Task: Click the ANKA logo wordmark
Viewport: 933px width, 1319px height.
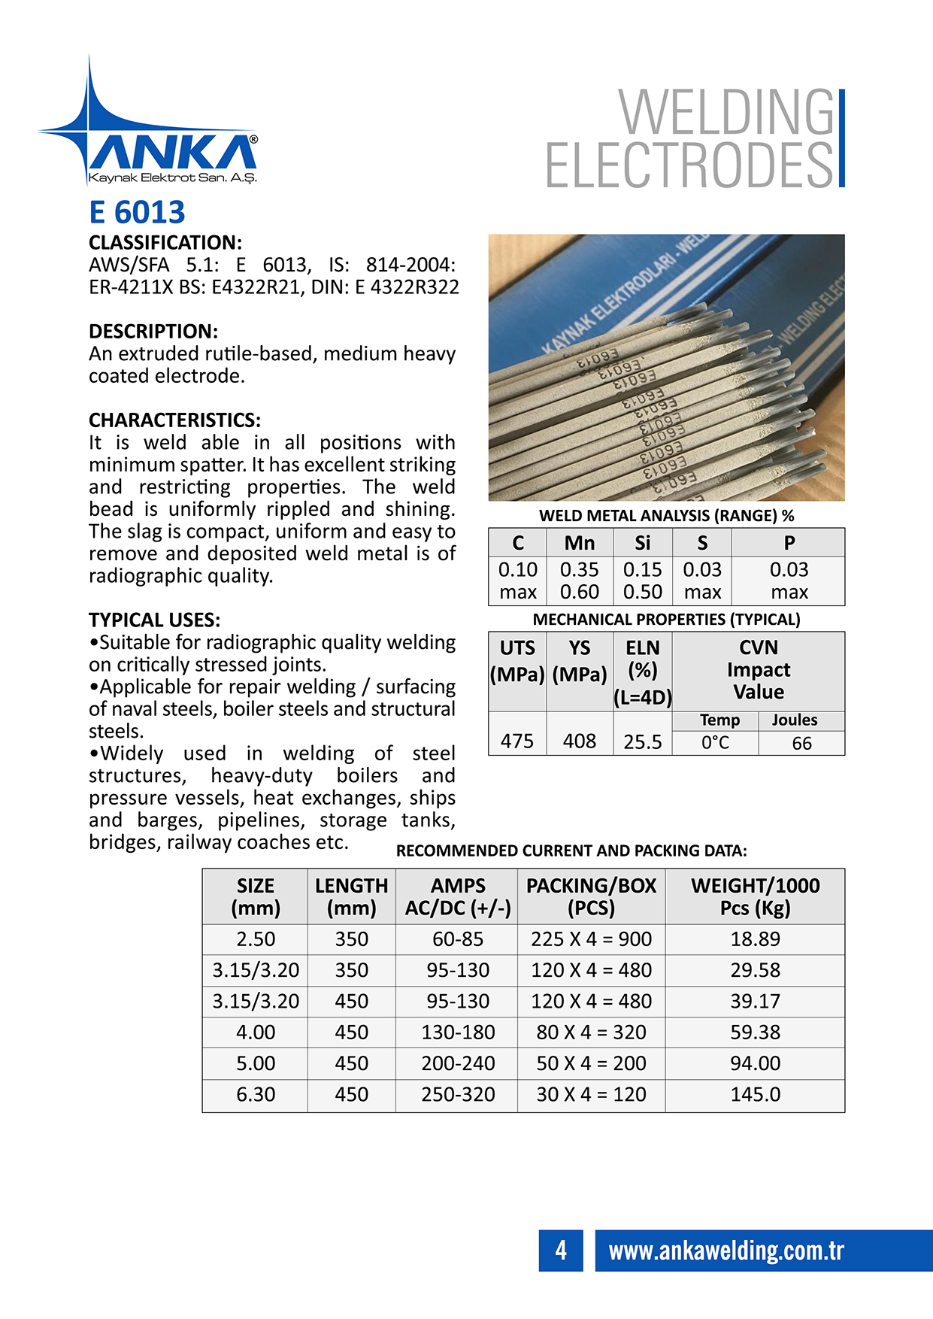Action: point(172,153)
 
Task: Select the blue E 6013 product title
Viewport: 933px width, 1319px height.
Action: point(137,213)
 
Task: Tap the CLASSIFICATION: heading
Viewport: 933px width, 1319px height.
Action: point(165,243)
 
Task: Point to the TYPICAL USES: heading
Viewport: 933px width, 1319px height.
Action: point(154,620)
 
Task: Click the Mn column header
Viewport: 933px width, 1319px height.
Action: point(579,543)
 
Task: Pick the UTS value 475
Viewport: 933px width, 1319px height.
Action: point(517,741)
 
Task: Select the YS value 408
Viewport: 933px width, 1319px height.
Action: point(579,741)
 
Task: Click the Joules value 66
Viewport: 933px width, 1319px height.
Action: point(801,743)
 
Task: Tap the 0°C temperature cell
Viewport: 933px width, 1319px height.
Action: point(715,743)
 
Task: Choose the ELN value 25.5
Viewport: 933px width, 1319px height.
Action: point(642,742)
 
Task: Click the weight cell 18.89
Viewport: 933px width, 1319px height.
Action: point(755,939)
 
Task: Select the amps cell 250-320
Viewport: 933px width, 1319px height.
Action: point(457,1095)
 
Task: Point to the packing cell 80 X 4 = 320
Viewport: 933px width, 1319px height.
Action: point(591,1032)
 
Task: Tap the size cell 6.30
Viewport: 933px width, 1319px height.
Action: point(255,1095)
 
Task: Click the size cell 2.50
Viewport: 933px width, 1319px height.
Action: point(255,939)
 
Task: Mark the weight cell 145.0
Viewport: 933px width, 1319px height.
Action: point(755,1095)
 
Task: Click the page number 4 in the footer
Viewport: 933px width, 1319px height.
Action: point(561,1251)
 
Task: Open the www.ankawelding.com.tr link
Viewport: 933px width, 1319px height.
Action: point(725,1251)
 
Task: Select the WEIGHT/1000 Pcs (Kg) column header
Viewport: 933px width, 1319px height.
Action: point(755,896)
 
